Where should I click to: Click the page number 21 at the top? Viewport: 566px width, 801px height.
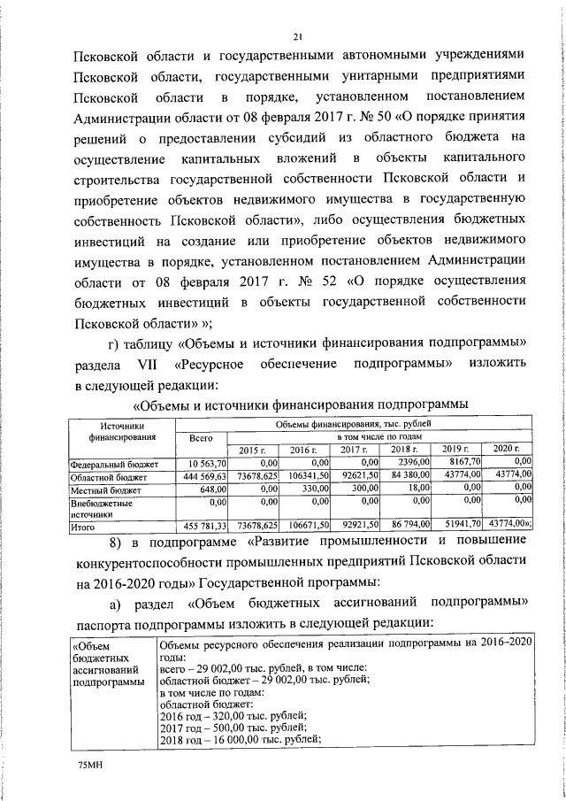point(298,36)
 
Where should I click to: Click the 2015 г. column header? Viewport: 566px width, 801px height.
point(252,451)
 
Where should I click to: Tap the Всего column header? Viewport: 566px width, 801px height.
point(203,438)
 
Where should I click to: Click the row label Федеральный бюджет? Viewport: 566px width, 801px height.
point(114,463)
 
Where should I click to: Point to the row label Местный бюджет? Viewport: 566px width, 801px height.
point(105,489)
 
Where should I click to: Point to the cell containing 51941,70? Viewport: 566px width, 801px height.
point(462,527)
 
